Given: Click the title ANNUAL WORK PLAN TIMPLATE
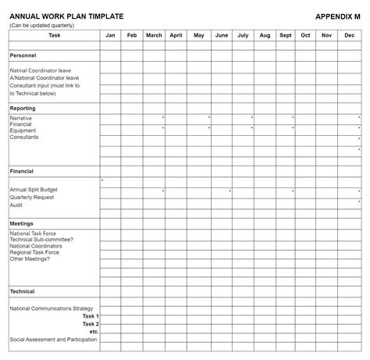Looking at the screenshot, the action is [x=56, y=16].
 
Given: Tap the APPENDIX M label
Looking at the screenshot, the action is [x=337, y=16].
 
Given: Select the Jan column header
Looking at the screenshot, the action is [x=110, y=35].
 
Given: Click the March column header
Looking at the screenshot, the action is [x=154, y=35].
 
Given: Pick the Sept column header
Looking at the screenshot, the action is [x=286, y=35].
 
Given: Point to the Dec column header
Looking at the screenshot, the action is [x=349, y=35].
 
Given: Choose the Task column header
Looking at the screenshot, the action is [x=54, y=35].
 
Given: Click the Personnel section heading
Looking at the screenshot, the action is [x=23, y=56].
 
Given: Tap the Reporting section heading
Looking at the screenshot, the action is [x=23, y=108].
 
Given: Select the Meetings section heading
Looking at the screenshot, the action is [x=22, y=223].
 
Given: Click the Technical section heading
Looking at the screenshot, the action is [x=23, y=291].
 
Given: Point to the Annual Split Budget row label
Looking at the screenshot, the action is [x=34, y=190].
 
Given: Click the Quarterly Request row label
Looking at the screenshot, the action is [x=31, y=198].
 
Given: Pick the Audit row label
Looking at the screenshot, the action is [x=16, y=205].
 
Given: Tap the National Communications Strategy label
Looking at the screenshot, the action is [x=52, y=308].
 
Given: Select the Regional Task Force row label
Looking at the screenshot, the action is [x=34, y=252].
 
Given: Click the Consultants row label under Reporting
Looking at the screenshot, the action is [x=24, y=137].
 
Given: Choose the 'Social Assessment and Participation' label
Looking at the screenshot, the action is [x=54, y=340].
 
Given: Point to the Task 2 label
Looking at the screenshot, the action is [x=90, y=323].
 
